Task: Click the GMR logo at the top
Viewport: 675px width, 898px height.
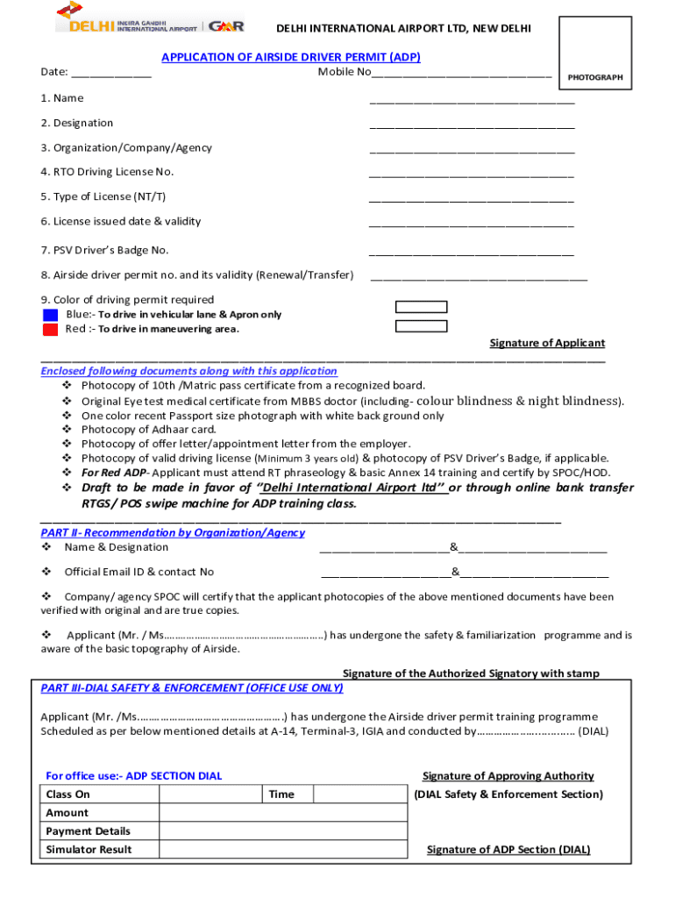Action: click(x=227, y=25)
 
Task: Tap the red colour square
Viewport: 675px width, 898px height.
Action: click(x=50, y=330)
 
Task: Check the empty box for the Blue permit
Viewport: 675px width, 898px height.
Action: click(x=421, y=307)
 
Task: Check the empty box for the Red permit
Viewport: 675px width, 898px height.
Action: click(x=421, y=326)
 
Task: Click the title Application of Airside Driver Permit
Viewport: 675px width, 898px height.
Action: click(x=290, y=57)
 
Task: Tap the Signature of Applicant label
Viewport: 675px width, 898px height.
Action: click(x=547, y=343)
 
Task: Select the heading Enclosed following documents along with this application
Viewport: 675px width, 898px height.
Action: click(x=188, y=371)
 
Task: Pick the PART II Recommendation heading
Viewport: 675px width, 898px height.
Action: click(x=173, y=532)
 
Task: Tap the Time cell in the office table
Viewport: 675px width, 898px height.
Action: click(x=282, y=795)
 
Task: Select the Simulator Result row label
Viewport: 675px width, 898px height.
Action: click(x=89, y=849)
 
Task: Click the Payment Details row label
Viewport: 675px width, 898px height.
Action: click(x=88, y=830)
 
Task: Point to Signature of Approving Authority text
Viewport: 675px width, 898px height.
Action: click(x=508, y=776)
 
